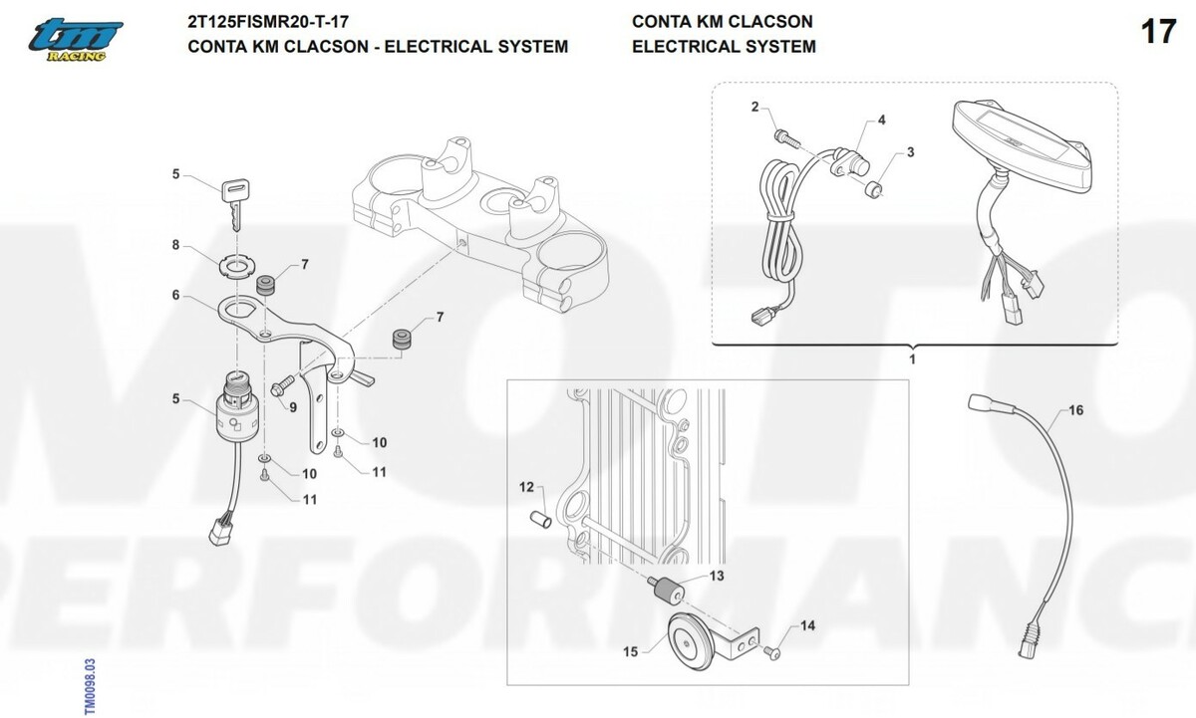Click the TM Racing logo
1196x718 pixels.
[x=75, y=40]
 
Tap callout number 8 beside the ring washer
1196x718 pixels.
[x=175, y=244]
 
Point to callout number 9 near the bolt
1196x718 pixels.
[x=293, y=406]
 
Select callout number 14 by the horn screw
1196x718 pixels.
[x=807, y=626]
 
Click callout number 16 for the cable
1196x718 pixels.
[x=1075, y=410]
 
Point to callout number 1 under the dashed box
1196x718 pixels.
[x=913, y=357]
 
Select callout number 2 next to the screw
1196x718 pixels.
[x=754, y=107]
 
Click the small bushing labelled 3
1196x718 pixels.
[x=874, y=189]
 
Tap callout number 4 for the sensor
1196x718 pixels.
[x=881, y=120]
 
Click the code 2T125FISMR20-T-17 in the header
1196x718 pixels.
[x=268, y=21]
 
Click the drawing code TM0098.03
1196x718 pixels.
[x=90, y=685]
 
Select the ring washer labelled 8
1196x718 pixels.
[x=235, y=265]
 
